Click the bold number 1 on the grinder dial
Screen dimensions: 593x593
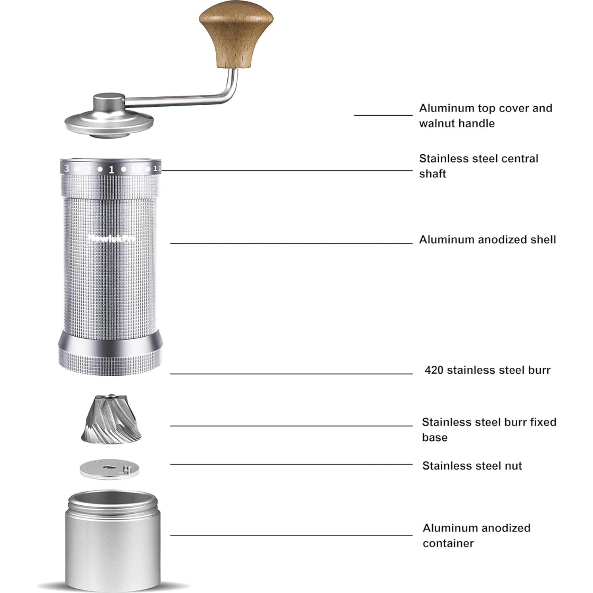point(111,170)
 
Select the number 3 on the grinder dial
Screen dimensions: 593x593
point(67,168)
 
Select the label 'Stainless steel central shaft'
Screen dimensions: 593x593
point(478,166)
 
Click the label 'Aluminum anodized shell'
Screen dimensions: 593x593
point(487,240)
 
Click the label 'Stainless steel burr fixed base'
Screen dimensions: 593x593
point(489,429)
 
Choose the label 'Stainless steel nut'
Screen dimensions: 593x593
point(472,466)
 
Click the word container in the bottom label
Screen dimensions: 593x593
point(448,543)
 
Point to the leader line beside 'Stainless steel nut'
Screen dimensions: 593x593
point(292,464)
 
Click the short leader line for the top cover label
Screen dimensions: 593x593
point(383,115)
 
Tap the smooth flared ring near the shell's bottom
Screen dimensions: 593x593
point(110,339)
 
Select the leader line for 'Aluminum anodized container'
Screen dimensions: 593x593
point(292,535)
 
